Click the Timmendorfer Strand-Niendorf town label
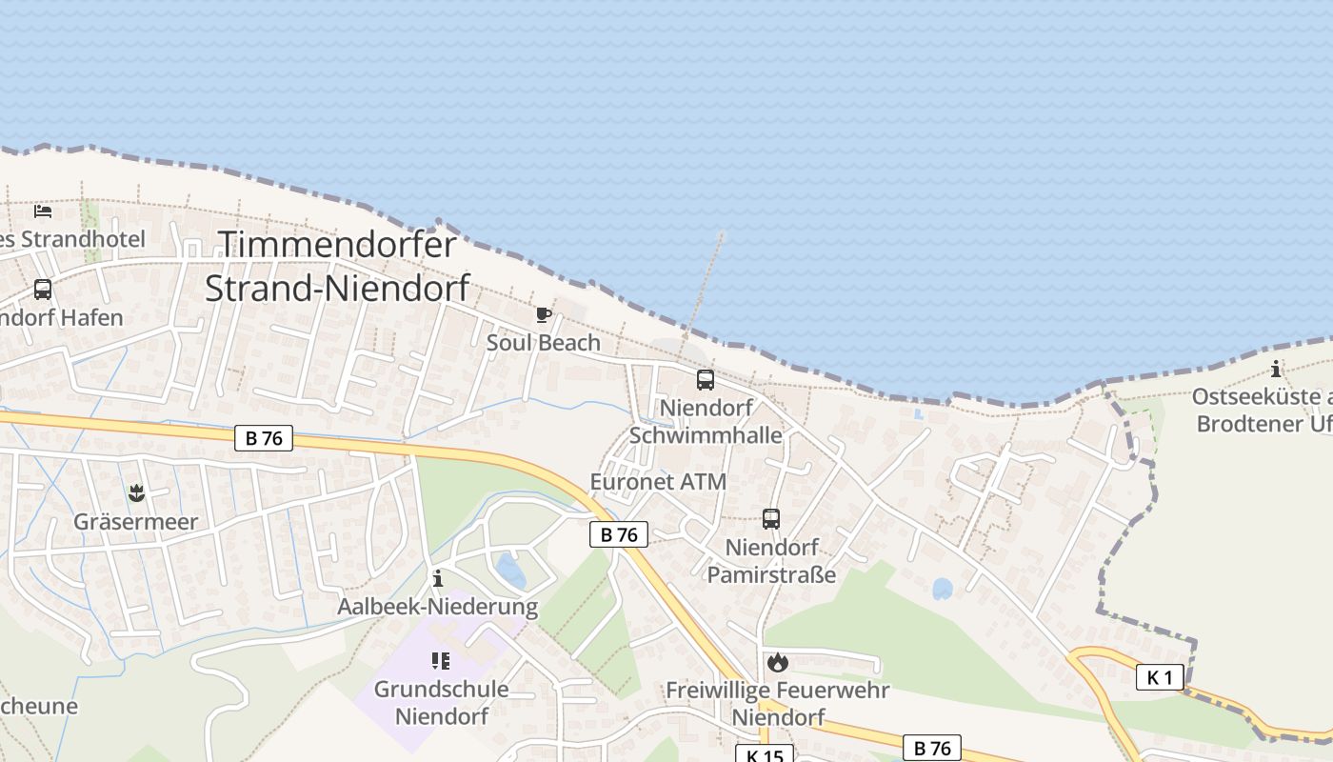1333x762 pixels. (337, 267)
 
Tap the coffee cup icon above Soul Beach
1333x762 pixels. (543, 314)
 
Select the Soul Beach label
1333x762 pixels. (544, 343)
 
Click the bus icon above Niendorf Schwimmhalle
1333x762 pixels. (706, 380)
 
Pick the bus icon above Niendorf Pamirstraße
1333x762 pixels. (771, 519)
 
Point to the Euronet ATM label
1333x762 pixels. (658, 482)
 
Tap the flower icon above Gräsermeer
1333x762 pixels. (136, 493)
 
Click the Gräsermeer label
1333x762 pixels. (136, 522)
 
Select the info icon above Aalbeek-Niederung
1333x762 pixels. (437, 578)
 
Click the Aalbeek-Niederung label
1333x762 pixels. (437, 607)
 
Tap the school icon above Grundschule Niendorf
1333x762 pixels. (440, 660)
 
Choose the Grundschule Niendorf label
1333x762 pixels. (441, 702)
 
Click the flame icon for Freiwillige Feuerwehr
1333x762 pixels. (778, 662)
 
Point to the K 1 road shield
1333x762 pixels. (1160, 677)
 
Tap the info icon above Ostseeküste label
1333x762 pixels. (1276, 370)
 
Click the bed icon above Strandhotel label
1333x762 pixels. (43, 211)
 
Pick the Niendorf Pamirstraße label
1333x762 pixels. (771, 561)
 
